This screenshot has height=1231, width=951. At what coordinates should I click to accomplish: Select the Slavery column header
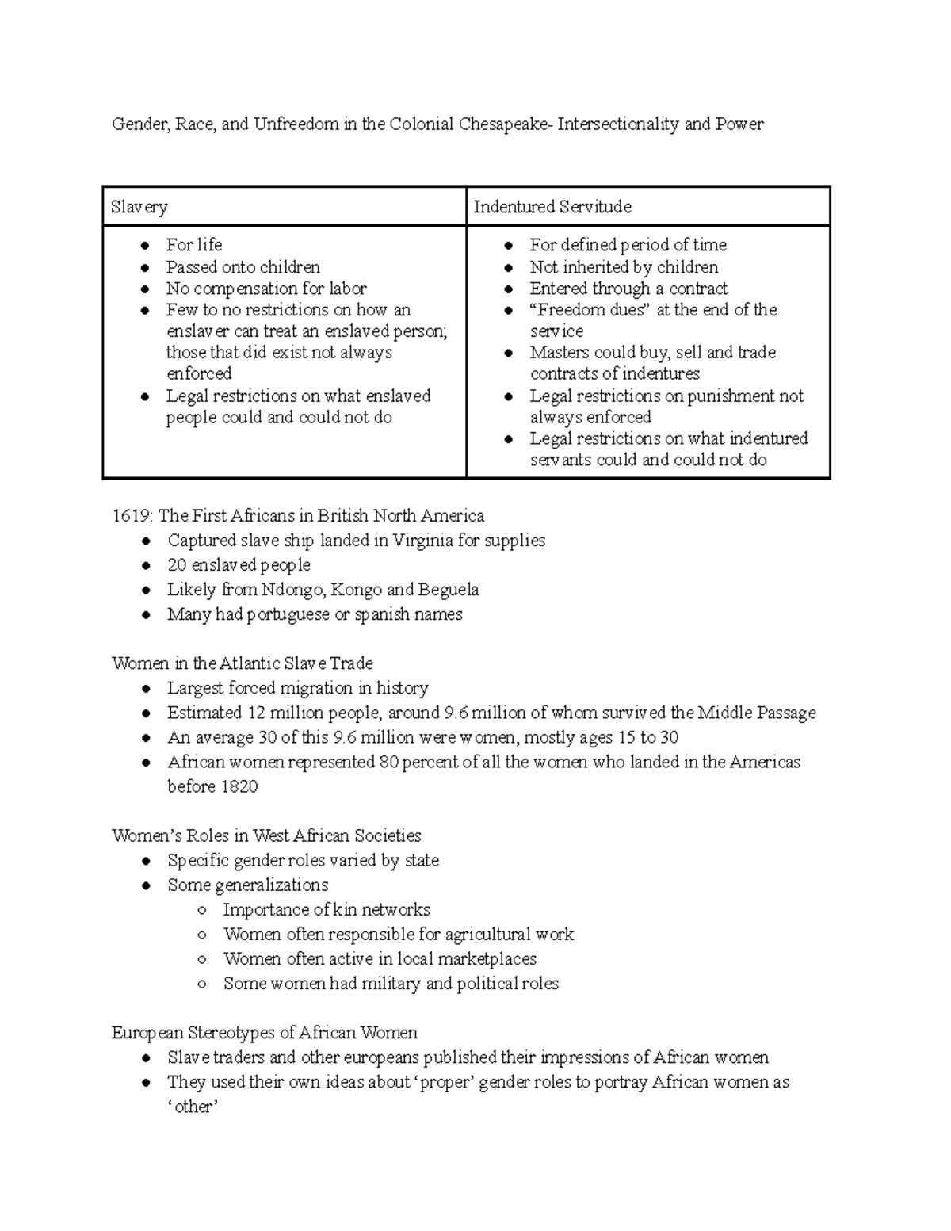point(139,208)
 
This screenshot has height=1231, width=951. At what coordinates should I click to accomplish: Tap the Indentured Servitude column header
point(552,208)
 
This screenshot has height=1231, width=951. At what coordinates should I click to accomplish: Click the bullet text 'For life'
point(194,245)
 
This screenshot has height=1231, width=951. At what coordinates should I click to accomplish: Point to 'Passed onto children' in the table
point(243,267)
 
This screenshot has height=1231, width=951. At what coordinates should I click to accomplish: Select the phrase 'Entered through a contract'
point(628,289)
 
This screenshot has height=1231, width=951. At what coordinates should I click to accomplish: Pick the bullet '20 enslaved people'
point(239,565)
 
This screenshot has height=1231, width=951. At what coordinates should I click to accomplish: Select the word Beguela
point(449,590)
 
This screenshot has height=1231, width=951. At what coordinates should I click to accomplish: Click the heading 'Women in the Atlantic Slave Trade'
point(243,663)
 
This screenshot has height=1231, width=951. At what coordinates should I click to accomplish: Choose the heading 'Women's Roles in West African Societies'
point(266,835)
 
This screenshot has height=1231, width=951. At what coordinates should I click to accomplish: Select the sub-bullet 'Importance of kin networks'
point(327,909)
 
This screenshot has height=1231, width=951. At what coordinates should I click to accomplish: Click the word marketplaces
point(487,959)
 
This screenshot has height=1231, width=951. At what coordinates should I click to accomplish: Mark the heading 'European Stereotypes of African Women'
point(264,1033)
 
